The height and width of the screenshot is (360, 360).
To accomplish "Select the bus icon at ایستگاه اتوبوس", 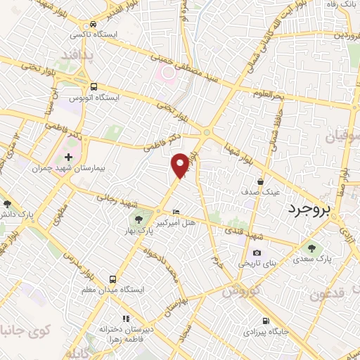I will (x=94, y=86).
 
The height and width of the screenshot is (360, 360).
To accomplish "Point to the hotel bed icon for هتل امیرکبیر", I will (x=176, y=212).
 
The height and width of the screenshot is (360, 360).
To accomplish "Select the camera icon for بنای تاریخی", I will (x=257, y=253).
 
